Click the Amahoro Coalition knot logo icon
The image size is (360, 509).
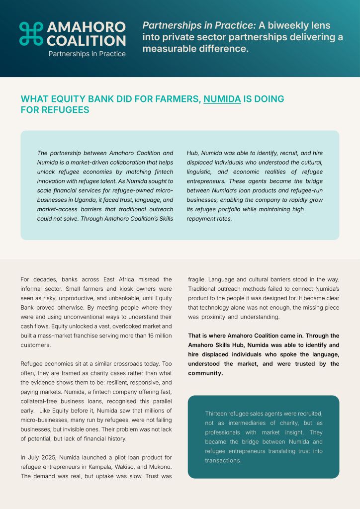[x=31, y=33]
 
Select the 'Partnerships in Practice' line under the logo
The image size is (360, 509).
[x=87, y=54]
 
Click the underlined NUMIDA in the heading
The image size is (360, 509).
[x=222, y=99]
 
